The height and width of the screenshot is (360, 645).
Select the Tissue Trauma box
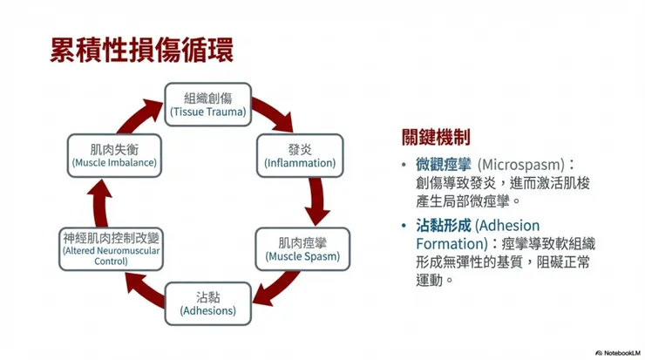(x=208, y=105)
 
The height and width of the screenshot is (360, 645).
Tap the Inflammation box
(x=300, y=154)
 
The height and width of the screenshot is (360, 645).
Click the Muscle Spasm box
(x=302, y=248)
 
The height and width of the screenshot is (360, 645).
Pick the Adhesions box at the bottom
(x=207, y=302)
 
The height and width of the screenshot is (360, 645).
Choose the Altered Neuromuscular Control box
(x=111, y=248)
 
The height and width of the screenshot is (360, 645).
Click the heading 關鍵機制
(x=436, y=137)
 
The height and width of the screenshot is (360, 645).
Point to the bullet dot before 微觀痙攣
(x=403, y=165)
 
